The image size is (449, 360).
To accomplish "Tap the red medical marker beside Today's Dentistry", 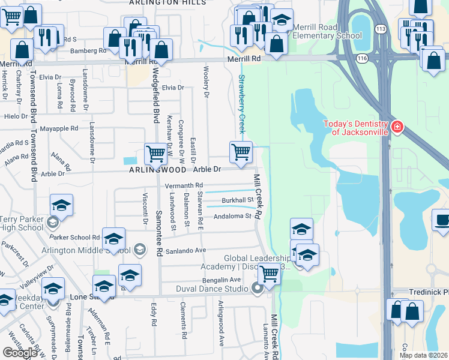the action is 397,127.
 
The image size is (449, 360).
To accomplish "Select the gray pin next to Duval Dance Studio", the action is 258,289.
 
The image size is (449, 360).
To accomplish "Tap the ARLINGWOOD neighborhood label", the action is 157,170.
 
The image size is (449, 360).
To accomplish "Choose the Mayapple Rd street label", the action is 58,128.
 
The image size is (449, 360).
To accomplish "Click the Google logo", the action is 20,353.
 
